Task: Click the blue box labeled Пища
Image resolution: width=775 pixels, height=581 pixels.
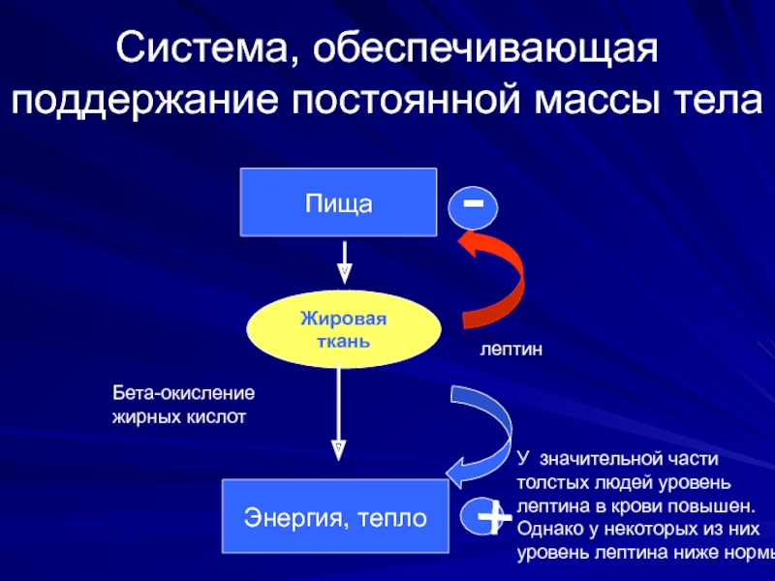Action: click(338, 202)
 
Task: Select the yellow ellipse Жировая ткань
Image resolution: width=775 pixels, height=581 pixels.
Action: click(344, 329)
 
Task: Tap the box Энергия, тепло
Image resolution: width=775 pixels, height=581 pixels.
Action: click(335, 516)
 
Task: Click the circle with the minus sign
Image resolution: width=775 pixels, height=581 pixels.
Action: click(473, 207)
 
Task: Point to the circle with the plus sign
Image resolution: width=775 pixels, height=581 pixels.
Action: click(481, 516)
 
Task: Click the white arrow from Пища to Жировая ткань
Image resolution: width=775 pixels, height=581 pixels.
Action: click(345, 262)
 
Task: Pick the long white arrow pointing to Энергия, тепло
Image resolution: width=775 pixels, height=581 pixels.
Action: click(338, 413)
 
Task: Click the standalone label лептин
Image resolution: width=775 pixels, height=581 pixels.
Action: click(511, 350)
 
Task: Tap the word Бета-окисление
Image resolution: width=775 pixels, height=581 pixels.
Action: click(183, 393)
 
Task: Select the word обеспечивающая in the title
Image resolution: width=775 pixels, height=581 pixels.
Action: click(485, 48)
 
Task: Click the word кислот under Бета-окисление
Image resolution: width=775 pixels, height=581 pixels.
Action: click(216, 417)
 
